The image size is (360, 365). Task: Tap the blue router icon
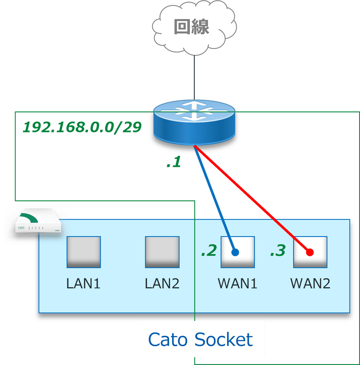coord(194,123)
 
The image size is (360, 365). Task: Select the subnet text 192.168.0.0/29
coord(82,128)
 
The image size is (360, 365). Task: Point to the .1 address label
coord(174,162)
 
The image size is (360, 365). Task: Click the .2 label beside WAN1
coord(209,251)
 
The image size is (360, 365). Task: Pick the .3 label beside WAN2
coord(278,251)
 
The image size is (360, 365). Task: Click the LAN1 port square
coord(84,252)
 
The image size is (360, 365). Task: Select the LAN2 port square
coord(162,252)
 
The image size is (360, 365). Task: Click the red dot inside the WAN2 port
coord(310,252)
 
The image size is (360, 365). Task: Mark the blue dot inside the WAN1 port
coord(235,252)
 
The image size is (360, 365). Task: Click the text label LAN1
coord(83,283)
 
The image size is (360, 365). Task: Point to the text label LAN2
coord(162,283)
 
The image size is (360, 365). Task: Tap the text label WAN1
coord(238,283)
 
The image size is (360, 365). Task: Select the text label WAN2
coord(310,283)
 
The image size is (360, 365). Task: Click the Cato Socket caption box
coord(200,339)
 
